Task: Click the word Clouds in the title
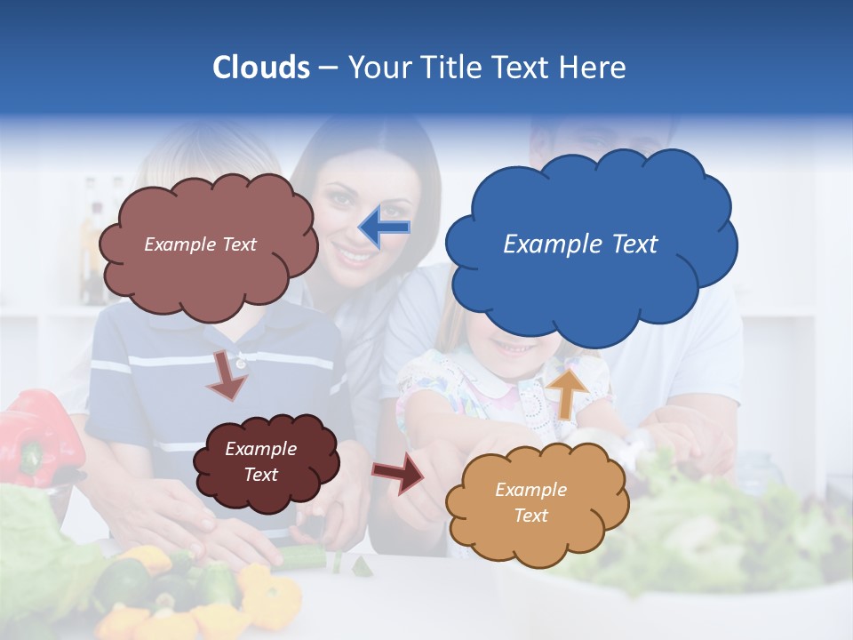261,67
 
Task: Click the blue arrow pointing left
385,227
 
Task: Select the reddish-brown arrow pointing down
227,375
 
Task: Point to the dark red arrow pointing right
399,472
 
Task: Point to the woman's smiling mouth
355,258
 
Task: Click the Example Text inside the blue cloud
580,244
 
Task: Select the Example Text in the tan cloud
530,502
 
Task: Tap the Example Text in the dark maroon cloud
260,461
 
